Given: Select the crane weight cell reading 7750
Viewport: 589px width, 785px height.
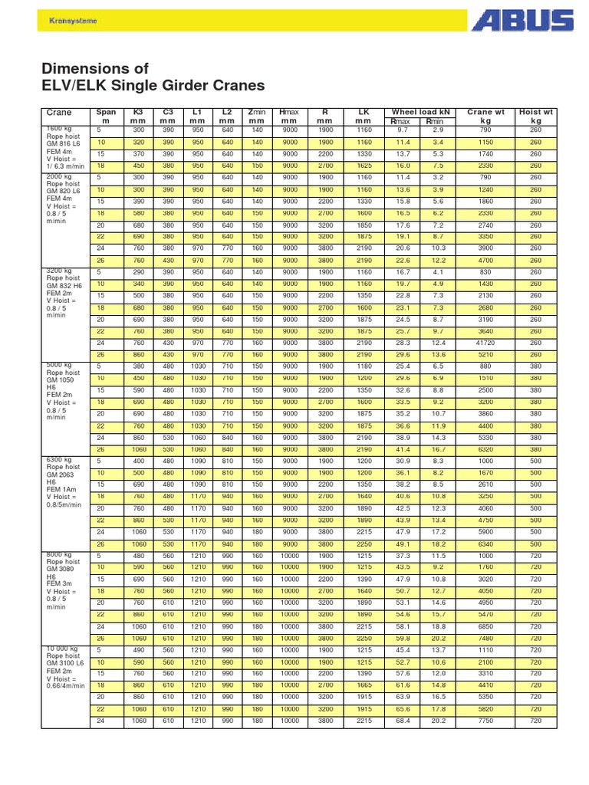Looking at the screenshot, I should pos(485,721).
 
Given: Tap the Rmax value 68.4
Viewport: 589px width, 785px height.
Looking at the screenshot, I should pos(403,721).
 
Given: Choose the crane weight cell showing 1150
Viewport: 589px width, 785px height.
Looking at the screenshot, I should pos(485,143).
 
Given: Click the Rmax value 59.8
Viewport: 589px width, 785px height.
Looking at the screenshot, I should pos(403,638).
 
